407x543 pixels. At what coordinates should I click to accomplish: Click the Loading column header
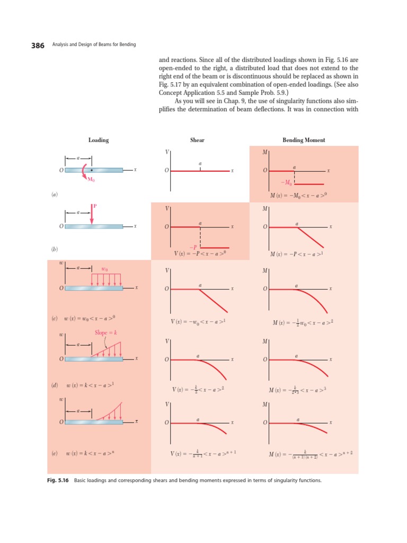[x=99, y=140]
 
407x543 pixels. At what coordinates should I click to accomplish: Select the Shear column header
[x=197, y=140]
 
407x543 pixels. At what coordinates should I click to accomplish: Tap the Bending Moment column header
[x=304, y=140]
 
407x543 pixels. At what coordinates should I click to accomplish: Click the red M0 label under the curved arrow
[x=91, y=180]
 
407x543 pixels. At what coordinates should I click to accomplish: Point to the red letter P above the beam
[x=95, y=206]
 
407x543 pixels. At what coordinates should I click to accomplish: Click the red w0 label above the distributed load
[x=104, y=269]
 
